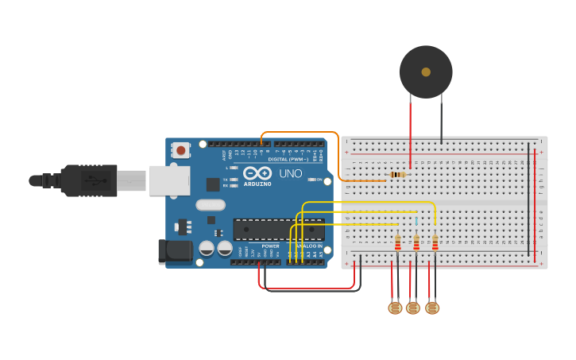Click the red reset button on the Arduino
[182, 149]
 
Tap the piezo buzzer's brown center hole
[426, 72]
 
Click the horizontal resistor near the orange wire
[397, 175]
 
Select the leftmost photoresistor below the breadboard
[394, 308]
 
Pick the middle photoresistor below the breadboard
[412, 308]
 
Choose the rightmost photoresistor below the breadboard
[432, 308]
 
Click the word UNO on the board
[289, 173]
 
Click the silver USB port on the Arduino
[168, 180]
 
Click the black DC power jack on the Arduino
[174, 252]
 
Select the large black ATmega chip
[278, 229]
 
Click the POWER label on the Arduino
[270, 246]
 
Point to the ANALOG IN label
[309, 246]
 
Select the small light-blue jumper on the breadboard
[416, 219]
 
